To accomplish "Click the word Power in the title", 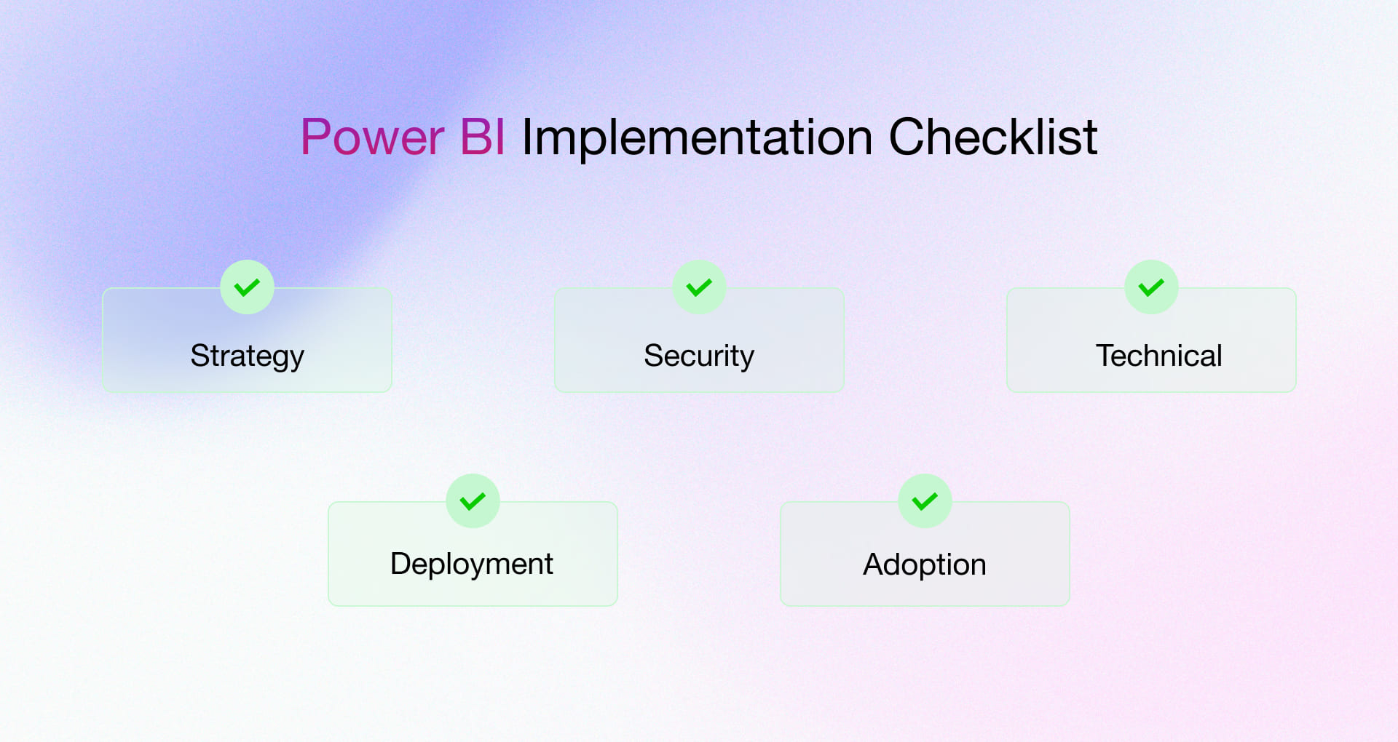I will [x=372, y=137].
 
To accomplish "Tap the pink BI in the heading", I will [x=483, y=137].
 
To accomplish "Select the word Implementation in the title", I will [x=697, y=138].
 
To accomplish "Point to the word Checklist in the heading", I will [x=992, y=137].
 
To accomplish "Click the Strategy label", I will [x=247, y=356].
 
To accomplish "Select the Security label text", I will [x=699, y=356].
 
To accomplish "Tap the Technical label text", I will [x=1158, y=356].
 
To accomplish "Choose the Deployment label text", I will [x=472, y=564].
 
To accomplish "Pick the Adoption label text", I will [x=925, y=565].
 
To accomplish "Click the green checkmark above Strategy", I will [x=247, y=287].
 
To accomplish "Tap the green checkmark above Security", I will [x=699, y=287].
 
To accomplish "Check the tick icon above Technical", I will [x=1151, y=287].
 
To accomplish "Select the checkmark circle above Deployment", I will [x=473, y=500].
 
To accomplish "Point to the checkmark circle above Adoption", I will [x=925, y=500].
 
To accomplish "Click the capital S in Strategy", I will [x=200, y=356].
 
